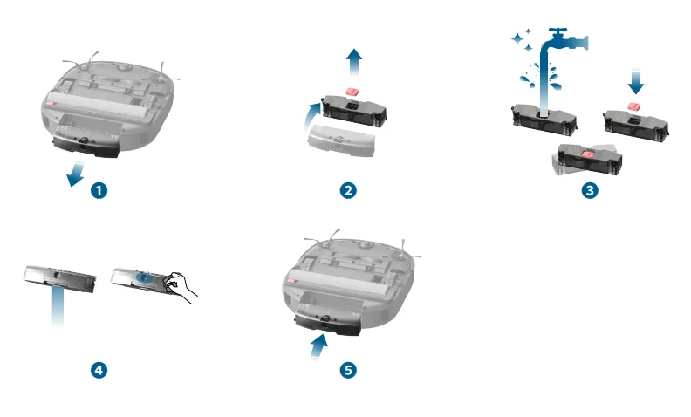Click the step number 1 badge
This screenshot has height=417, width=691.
point(99,190)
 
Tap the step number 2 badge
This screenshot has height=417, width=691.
point(348,190)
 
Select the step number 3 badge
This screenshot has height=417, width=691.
point(590,190)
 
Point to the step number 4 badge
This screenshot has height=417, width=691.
point(99,370)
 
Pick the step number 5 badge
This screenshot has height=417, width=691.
point(348,370)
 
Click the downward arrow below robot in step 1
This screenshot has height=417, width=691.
point(76,174)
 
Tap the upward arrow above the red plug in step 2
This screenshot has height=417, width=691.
point(354,61)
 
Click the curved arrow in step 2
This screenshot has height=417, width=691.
point(312,115)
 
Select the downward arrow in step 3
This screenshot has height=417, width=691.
point(635,81)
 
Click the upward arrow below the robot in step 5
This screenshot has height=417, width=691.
point(319,347)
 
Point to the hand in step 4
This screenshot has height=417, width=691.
point(180,285)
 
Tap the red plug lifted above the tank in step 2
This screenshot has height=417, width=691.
point(352,92)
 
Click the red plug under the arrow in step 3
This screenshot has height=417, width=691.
point(634,106)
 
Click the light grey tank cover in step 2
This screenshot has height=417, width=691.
point(341,140)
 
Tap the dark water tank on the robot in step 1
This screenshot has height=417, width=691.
point(86,146)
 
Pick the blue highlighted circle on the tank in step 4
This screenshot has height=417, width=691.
point(144,277)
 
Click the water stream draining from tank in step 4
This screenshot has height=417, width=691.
point(58,305)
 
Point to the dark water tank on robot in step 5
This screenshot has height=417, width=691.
point(328,324)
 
